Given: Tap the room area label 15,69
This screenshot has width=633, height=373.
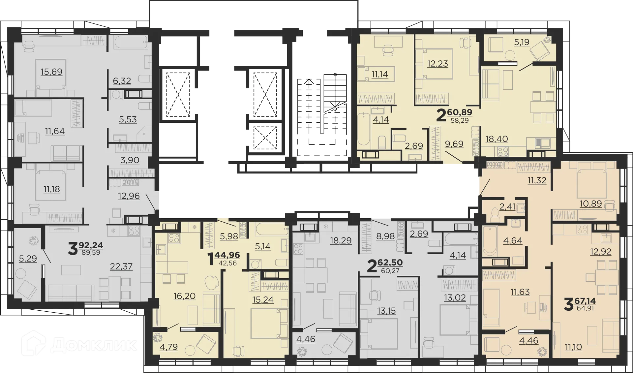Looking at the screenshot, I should coord(51,72).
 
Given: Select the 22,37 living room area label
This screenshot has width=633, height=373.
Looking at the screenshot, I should coord(121,266).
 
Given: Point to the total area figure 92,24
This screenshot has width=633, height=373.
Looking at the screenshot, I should coord(91,245).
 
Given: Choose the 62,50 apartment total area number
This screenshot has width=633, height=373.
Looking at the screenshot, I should coord(390,263).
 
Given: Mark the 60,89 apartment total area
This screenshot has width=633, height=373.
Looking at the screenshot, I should coord(459,112).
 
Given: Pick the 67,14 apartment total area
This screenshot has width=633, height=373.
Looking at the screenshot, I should coord(585,301).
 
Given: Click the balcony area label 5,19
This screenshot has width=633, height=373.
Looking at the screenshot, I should coord(522,42).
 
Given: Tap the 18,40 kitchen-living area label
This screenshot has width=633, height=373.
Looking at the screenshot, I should coord(497,139).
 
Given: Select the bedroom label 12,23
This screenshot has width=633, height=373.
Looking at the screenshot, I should coord(437,63).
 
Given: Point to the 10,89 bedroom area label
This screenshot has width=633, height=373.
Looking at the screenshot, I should coord(591,203).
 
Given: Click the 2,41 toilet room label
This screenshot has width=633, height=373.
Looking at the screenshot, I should coord(507,207).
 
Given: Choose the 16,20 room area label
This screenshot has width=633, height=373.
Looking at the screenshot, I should coord(185,296).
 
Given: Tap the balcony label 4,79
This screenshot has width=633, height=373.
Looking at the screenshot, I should coord(168,347).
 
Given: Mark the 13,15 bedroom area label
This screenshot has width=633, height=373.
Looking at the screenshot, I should coord(386,311).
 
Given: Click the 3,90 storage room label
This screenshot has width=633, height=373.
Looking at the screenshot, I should coord(130,160).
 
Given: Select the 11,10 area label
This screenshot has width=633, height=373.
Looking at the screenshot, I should coord(573,347).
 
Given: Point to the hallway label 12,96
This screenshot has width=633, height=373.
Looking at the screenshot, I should coord(129,196).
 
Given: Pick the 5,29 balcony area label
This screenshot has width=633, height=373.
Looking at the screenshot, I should coord(28,258).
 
